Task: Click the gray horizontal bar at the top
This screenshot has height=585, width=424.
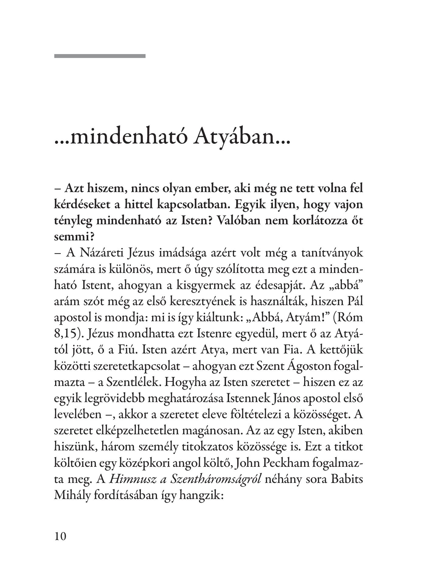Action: coord(100,56)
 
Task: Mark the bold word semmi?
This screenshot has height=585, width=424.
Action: coord(69,237)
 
